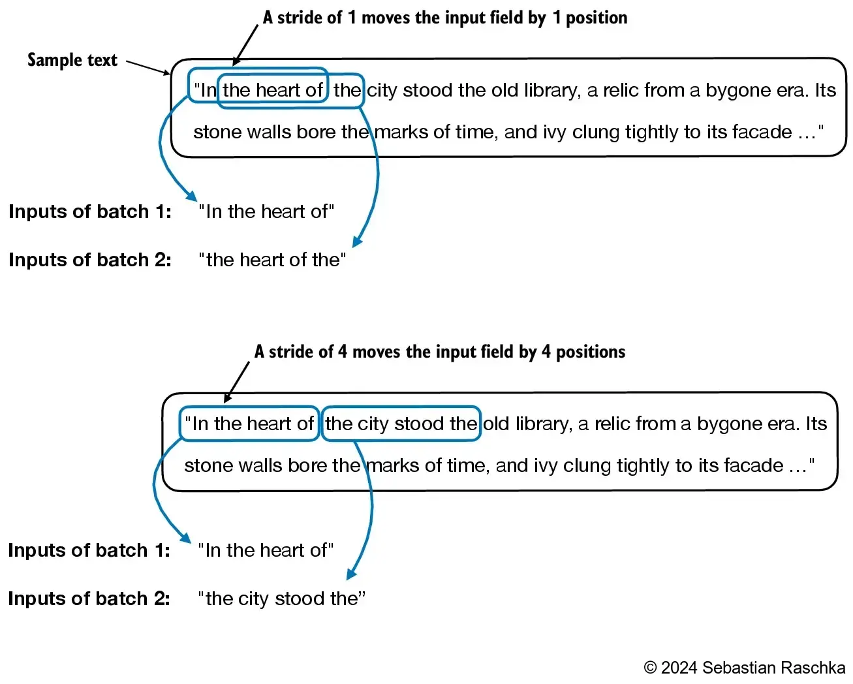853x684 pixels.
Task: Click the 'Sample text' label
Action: point(72,60)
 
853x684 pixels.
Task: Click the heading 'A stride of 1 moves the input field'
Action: point(445,18)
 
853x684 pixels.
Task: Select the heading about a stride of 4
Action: point(439,352)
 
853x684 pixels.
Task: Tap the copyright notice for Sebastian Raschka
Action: point(744,668)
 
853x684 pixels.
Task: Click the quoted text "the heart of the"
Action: point(272,260)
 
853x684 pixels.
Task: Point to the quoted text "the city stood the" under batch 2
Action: point(281,598)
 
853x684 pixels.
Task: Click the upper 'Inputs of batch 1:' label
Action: point(90,211)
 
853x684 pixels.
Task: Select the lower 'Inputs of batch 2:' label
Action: point(89,598)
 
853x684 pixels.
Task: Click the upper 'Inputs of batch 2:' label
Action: point(90,260)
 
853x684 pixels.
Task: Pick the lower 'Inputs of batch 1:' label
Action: point(89,550)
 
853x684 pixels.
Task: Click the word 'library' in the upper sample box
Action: point(551,90)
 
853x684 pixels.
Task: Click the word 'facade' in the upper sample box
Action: point(762,132)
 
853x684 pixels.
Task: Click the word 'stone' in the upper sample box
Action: point(216,132)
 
